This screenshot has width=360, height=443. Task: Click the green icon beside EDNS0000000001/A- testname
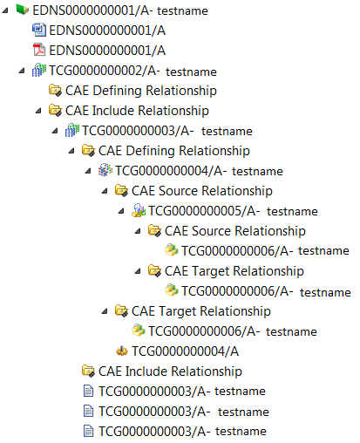23,10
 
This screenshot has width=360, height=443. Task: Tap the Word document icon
39,30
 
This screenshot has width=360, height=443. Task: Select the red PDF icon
39,50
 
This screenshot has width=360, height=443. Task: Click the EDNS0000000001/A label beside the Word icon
107,31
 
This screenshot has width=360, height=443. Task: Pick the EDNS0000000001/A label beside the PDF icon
107,51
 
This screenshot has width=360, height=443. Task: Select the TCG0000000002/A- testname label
132,71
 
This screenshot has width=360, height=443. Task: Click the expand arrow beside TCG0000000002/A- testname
22,71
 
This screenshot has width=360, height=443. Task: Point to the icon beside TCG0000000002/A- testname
39,70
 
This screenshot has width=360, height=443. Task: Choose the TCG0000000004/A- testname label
199,171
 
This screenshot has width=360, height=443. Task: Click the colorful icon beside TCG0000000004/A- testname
105,170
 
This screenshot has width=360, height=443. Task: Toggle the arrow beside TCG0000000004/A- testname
88,171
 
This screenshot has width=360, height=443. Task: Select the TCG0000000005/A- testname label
233,211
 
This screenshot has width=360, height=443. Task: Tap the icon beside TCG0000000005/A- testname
139,210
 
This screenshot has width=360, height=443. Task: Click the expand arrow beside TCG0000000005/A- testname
121,211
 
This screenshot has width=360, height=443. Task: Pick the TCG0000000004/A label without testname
185,351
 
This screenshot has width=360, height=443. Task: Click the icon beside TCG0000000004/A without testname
122,351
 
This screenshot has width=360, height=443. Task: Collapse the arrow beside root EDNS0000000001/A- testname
5,10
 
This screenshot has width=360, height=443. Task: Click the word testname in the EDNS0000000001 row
182,11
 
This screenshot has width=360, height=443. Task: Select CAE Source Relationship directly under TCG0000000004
202,191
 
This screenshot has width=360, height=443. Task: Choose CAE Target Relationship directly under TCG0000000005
234,271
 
